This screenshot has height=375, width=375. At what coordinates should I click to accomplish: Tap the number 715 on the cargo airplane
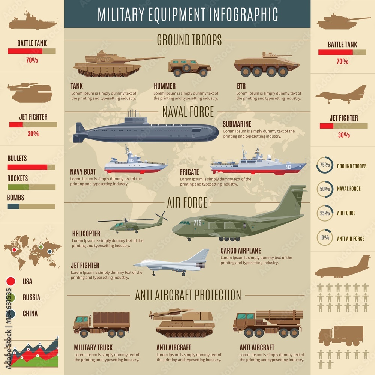[198, 223]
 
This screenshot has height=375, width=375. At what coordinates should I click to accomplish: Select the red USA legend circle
[11, 281]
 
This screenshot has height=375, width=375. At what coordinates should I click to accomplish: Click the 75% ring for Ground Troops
[325, 166]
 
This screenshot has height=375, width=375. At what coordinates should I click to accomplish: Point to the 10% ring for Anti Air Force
[325, 237]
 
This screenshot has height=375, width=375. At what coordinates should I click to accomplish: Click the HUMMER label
[164, 86]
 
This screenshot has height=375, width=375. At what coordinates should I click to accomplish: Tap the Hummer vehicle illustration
[189, 67]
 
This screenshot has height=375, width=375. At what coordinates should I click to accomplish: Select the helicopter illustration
[131, 223]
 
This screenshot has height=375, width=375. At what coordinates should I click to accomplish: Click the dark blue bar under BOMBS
[13, 206]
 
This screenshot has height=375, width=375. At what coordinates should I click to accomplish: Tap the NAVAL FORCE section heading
[188, 112]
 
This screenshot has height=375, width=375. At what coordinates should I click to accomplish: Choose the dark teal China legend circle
[11, 313]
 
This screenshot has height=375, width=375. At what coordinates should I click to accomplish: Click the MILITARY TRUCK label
[93, 347]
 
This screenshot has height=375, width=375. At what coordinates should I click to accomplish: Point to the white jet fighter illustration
[172, 264]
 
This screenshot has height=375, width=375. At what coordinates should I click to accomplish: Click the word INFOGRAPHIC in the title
[239, 14]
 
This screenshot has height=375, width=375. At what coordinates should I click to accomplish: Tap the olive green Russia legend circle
[11, 297]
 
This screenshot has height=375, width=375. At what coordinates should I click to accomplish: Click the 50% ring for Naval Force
[325, 189]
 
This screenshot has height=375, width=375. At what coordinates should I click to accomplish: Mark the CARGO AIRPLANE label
[241, 250]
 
